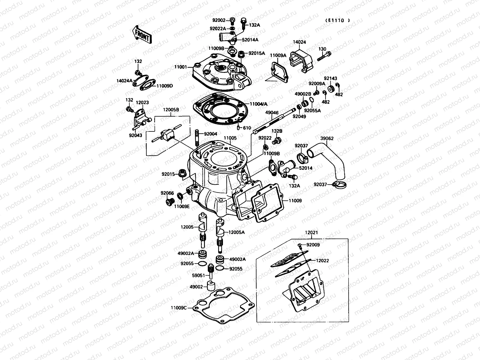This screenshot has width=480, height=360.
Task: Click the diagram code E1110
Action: [x=337, y=20]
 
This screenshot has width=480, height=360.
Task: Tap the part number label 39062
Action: [x=327, y=138]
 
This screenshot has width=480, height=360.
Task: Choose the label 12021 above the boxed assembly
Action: [x=311, y=232]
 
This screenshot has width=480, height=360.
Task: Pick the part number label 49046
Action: [x=272, y=113]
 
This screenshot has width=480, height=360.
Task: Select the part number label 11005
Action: [x=230, y=138]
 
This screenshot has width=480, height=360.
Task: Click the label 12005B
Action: [x=171, y=110]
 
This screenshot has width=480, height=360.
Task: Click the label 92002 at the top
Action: [x=219, y=20]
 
